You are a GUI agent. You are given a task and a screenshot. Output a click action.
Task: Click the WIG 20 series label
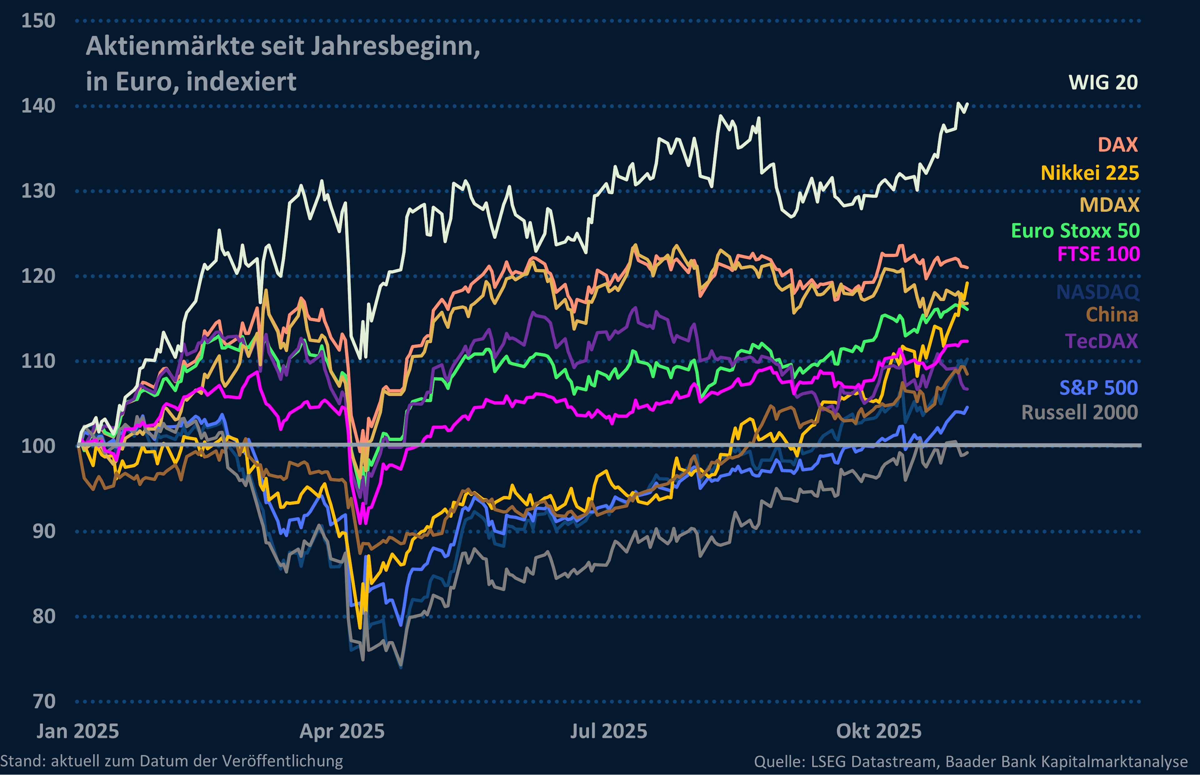click(1103, 82)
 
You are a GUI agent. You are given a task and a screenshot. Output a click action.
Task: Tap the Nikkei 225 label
click(1090, 173)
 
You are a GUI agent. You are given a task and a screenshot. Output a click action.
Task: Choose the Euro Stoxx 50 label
click(1075, 231)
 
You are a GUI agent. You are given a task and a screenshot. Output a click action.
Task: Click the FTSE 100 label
click(1098, 254)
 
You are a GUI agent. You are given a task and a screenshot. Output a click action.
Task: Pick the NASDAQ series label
click(1097, 292)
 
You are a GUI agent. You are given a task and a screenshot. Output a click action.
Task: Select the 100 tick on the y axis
click(38, 446)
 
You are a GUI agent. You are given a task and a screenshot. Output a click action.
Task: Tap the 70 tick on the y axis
click(44, 701)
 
